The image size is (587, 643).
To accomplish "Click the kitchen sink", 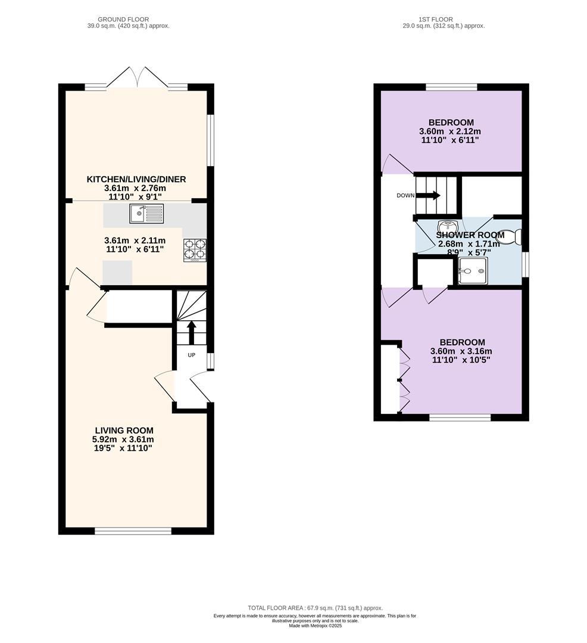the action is tap(146, 214).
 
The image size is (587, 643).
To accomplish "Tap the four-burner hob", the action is tap(195, 250).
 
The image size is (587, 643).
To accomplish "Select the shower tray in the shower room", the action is tap(473, 271).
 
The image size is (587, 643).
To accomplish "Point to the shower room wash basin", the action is tap(448, 226).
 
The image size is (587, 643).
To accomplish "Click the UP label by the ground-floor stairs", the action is tap(192, 355).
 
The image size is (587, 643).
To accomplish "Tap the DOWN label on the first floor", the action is tap(405, 196).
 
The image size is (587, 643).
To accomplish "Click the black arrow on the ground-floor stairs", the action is tap(191, 333).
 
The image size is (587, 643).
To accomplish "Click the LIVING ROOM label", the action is tap(124, 430).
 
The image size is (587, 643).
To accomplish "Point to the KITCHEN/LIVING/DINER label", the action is tap(136, 179).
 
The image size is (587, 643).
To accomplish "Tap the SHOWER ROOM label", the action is tap(470, 235).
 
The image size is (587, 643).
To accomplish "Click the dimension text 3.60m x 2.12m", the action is tap(449, 132).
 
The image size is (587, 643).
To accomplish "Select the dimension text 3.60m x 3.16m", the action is tap(461, 351).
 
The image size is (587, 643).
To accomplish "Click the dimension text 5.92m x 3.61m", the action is tap(123, 439).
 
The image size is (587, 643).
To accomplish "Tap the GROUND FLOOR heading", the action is tap(123, 19).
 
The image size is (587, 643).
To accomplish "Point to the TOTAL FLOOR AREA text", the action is tap(315, 608).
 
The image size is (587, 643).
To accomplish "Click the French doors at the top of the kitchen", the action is tap(138, 78).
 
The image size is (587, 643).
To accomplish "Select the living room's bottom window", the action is tap(133, 531).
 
